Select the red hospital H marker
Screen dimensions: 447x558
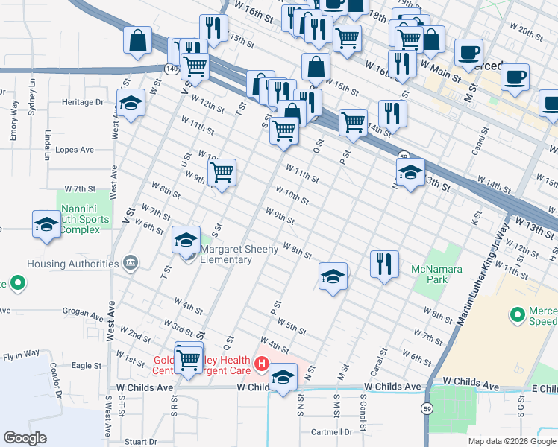coord(262,364)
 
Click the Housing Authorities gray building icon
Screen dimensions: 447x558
coord(131,263)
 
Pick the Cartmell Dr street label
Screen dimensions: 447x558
coord(331,431)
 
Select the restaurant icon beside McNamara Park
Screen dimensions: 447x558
coord(384,267)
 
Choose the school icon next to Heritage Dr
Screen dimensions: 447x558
coord(131,105)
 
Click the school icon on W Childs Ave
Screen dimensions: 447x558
coord(283,379)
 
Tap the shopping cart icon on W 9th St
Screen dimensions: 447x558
coord(222,174)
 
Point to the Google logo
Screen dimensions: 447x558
coord(25,437)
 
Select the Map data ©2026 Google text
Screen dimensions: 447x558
coord(511,441)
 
